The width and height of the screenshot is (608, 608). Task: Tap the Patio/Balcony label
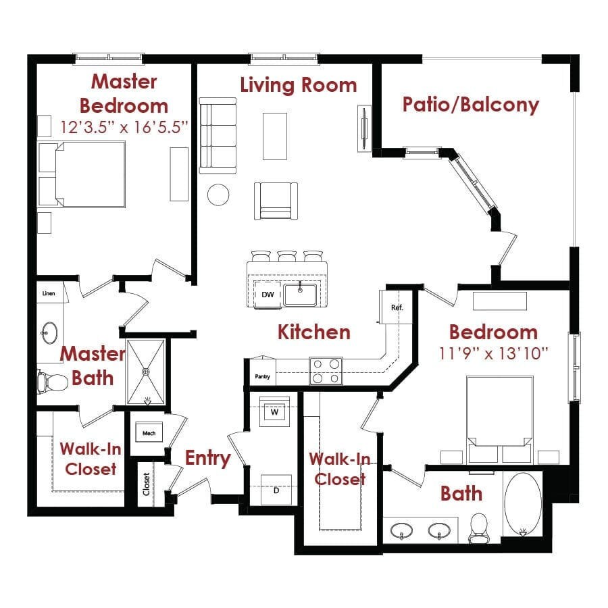[470, 105]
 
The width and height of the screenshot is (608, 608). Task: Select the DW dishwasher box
[268, 295]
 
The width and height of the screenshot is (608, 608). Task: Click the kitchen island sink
[301, 294]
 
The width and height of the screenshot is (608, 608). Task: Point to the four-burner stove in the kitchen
[326, 370]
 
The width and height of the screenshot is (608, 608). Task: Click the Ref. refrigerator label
[397, 307]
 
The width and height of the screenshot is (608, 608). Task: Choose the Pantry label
[263, 376]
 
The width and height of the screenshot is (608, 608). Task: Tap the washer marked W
[275, 411]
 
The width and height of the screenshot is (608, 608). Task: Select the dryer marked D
[276, 490]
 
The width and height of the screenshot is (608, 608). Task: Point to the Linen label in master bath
[49, 294]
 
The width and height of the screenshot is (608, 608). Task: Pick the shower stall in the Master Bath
[145, 371]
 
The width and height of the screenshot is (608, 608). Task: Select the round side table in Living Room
[218, 195]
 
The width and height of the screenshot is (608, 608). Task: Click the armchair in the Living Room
[276, 200]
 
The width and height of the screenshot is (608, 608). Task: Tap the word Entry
[208, 458]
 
